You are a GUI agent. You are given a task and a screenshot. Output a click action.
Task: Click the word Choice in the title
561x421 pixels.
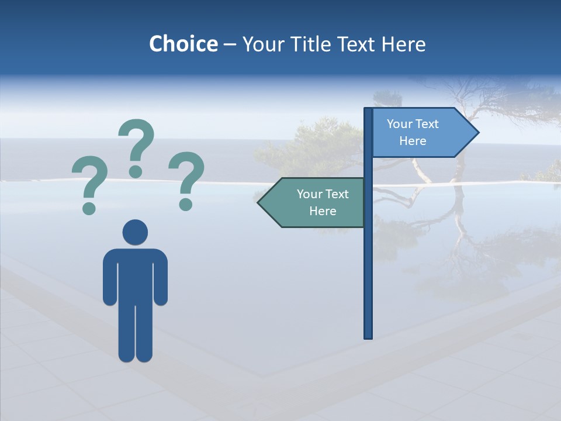coord(183,44)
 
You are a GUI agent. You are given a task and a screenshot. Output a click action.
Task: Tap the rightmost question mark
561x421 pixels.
coord(186,180)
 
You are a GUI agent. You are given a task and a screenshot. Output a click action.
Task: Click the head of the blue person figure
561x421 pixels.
coord(135,232)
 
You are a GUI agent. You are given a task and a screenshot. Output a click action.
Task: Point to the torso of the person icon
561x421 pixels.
coord(135,275)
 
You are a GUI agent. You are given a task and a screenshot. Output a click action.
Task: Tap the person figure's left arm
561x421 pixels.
coord(110,278)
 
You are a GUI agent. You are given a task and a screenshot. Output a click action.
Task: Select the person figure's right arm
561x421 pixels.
coord(161,278)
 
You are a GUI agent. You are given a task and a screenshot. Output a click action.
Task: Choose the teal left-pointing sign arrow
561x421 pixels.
coord(313,203)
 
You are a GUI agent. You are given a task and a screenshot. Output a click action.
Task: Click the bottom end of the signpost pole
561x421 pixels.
coord(368,336)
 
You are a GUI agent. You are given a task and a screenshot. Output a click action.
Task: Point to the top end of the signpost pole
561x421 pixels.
coord(368,111)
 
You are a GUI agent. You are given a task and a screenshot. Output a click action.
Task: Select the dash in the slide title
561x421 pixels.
coord(230,44)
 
